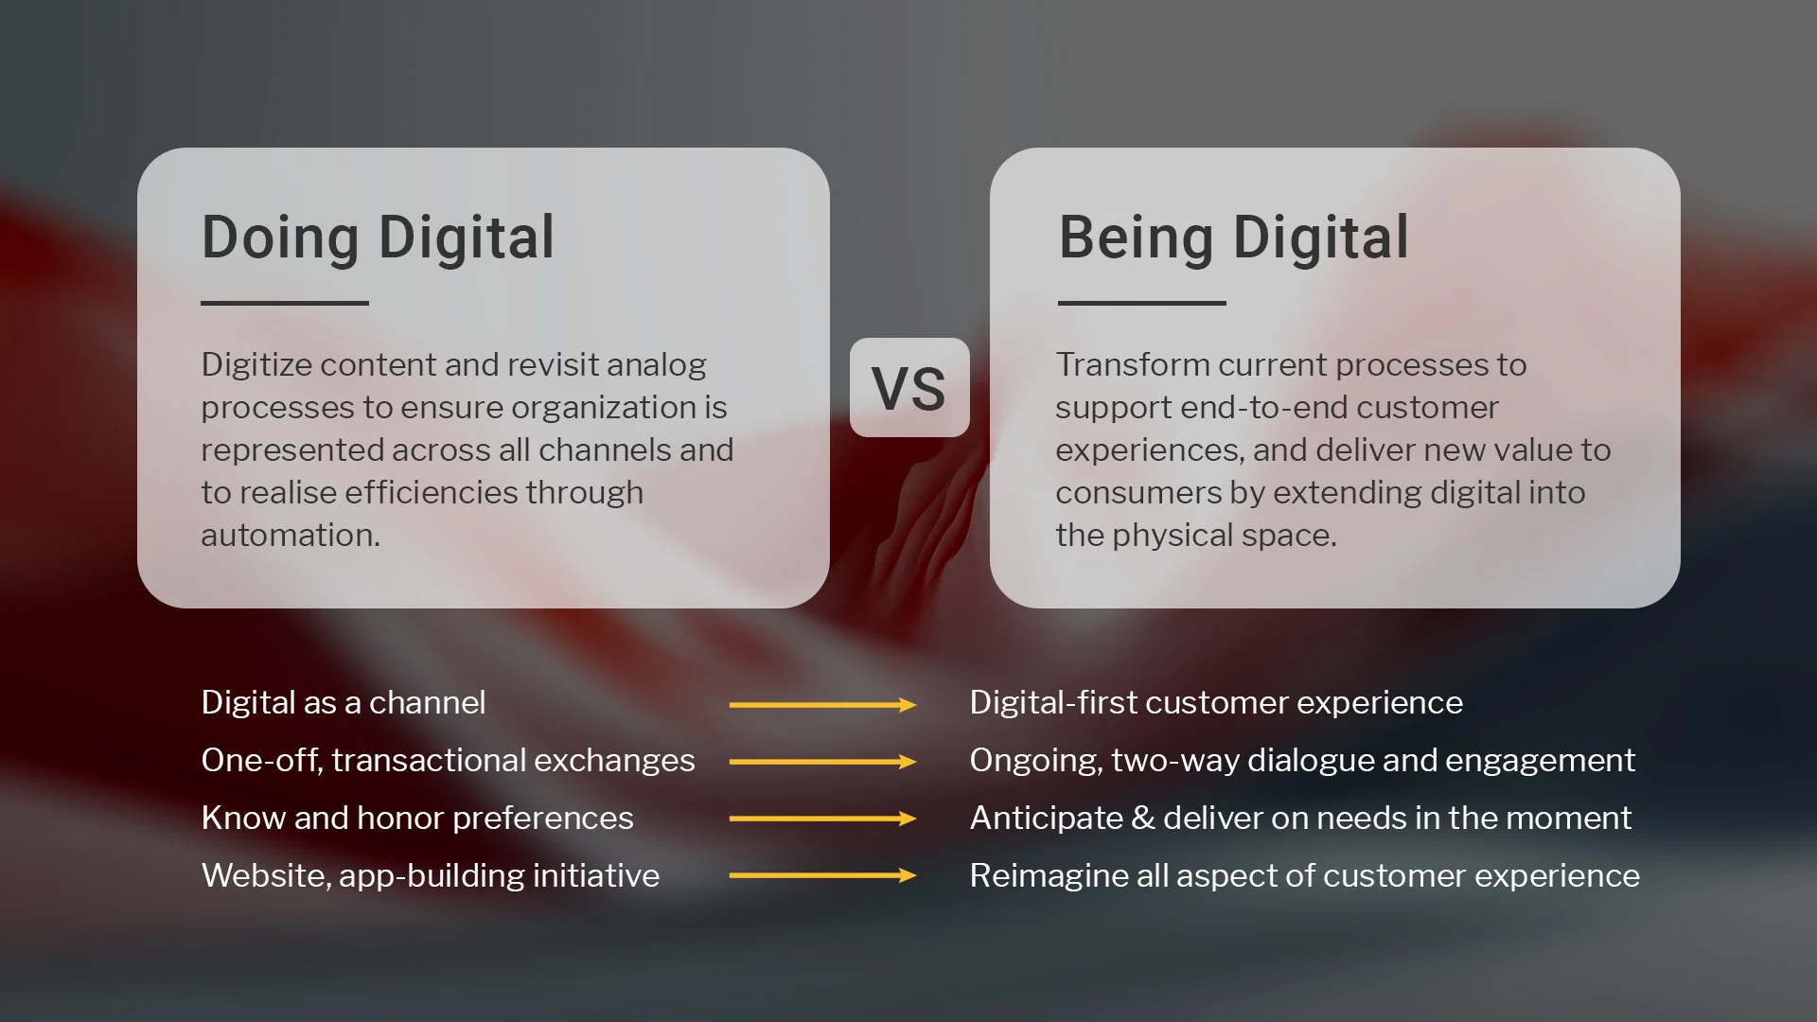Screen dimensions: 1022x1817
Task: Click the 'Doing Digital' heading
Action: (378, 238)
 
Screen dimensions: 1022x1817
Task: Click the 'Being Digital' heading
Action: (1233, 238)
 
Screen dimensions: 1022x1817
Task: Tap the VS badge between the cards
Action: (908, 388)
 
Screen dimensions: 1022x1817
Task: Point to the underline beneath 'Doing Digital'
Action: (284, 303)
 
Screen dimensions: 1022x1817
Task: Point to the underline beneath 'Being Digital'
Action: (1141, 303)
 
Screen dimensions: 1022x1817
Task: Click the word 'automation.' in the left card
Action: (290, 536)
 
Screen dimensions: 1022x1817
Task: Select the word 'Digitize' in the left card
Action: (256, 365)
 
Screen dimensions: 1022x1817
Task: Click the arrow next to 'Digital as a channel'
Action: (821, 705)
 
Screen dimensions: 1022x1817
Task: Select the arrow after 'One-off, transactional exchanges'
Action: (821, 762)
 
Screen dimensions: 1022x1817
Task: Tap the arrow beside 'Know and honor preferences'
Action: (821, 819)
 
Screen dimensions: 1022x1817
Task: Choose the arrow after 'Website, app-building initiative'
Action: (821, 875)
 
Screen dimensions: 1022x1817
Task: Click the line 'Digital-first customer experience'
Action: (1215, 703)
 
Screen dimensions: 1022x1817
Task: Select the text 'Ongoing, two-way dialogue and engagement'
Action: (1301, 761)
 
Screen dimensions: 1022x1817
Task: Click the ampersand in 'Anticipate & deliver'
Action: (1142, 819)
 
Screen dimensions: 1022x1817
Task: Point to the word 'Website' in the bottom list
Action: (263, 875)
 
